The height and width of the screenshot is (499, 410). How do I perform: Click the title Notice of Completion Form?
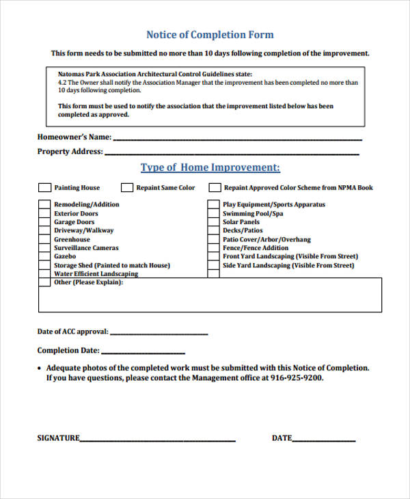pos(210,35)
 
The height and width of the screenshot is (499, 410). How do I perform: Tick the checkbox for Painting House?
pos(44,187)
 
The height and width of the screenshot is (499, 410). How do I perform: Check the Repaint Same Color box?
pos(127,187)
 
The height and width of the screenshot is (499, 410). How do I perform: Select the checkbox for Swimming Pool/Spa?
pos(213,213)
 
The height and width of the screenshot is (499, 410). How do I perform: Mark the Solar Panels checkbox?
pos(213,222)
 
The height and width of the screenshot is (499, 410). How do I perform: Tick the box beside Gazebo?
pos(44,256)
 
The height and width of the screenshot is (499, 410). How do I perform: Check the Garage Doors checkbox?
pos(44,222)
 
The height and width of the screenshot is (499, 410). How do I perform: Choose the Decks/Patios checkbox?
pos(213,230)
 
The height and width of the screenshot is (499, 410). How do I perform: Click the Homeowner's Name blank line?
pos(236,139)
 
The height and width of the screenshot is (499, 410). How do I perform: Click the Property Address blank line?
pos(232,154)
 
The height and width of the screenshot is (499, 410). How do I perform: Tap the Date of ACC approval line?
pos(159,334)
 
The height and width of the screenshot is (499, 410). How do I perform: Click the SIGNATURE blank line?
pos(158,440)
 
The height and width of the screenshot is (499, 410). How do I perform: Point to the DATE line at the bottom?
pos(324,440)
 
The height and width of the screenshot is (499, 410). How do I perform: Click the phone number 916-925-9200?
pos(297,377)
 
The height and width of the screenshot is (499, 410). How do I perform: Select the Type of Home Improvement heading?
pos(210,167)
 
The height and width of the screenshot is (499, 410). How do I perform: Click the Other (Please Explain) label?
pos(88,282)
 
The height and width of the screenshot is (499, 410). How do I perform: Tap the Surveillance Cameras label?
pos(86,248)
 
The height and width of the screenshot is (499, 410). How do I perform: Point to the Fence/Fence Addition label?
pos(256,248)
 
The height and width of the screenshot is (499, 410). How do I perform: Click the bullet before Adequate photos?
pos(40,368)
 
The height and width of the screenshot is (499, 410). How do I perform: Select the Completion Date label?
pos(68,351)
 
